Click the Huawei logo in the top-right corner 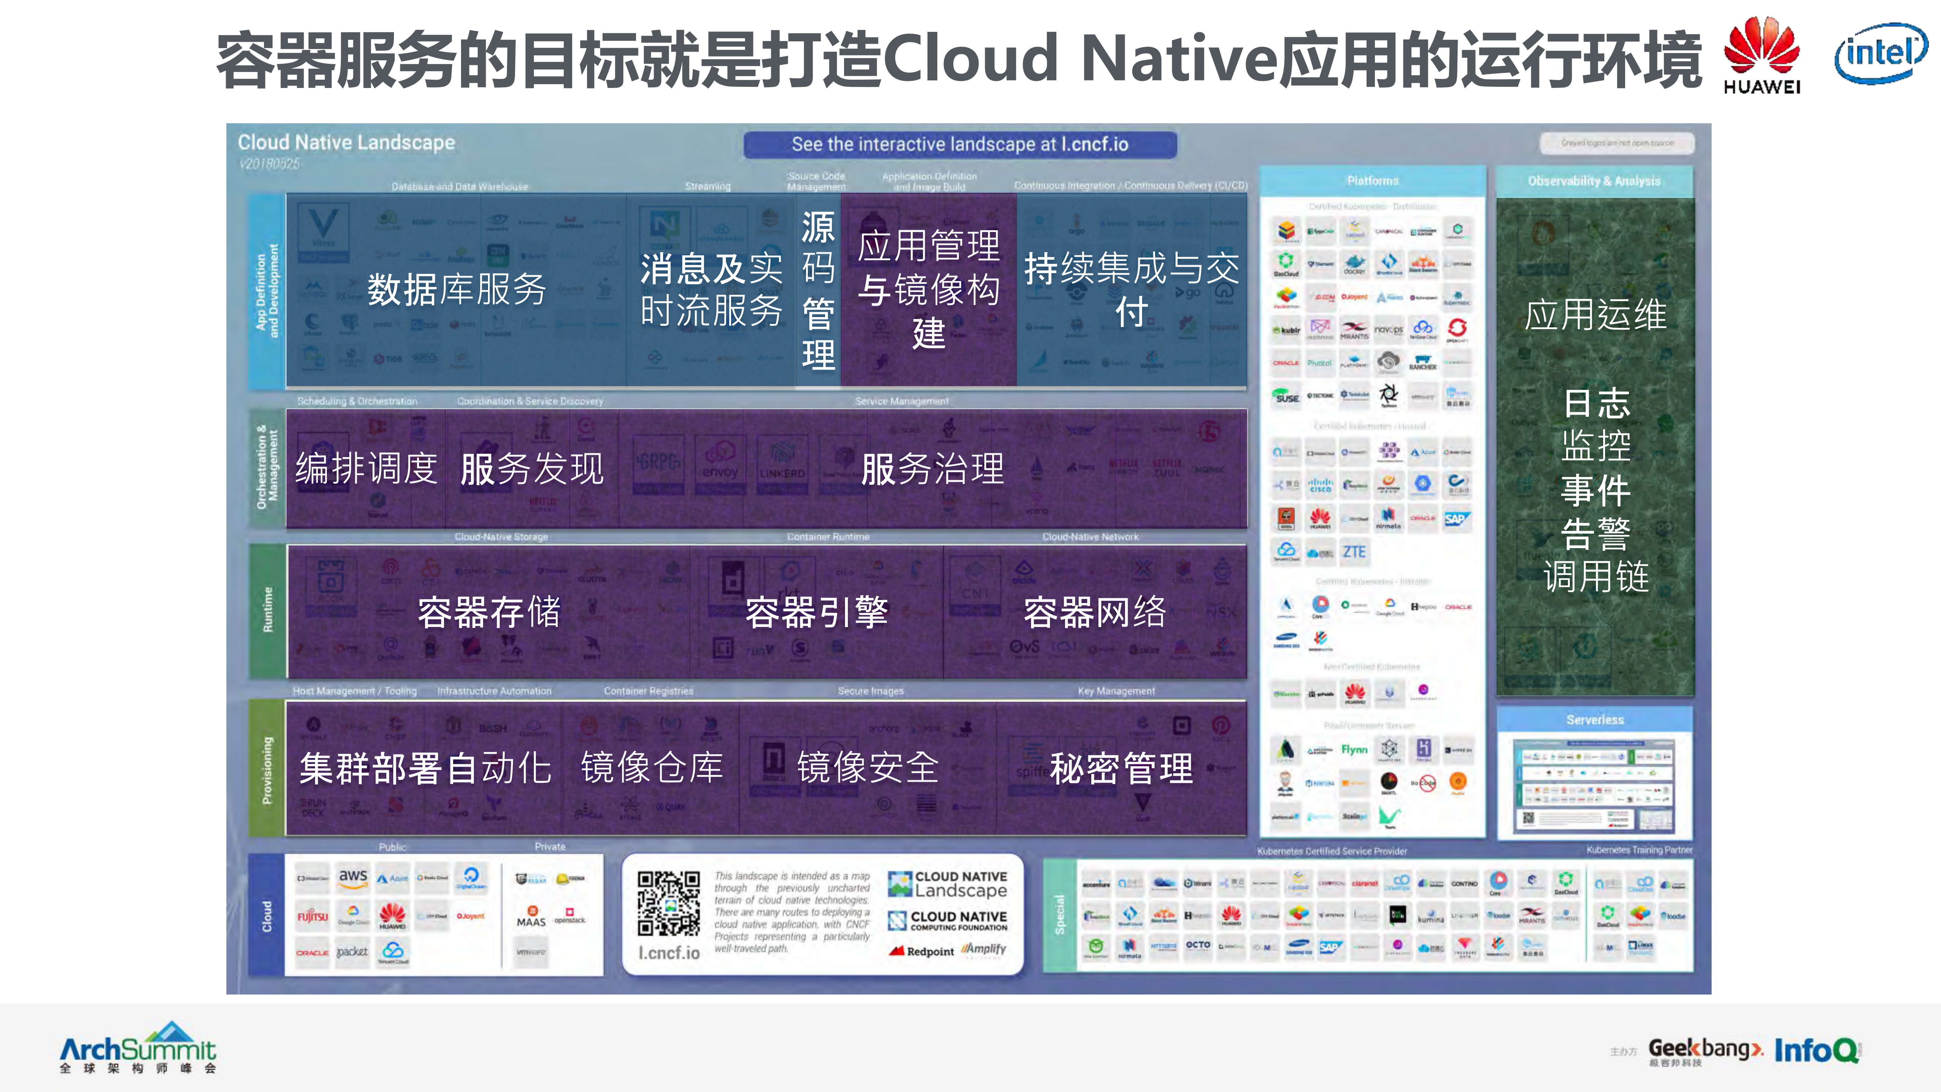[1762, 54]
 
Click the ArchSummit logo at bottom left [138, 1048]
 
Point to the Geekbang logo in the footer [1704, 1050]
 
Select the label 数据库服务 [457, 289]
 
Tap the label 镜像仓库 [652, 768]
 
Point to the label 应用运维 [1595, 314]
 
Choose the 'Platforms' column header [1372, 181]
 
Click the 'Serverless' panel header [1594, 720]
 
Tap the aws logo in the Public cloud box [353, 877]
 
